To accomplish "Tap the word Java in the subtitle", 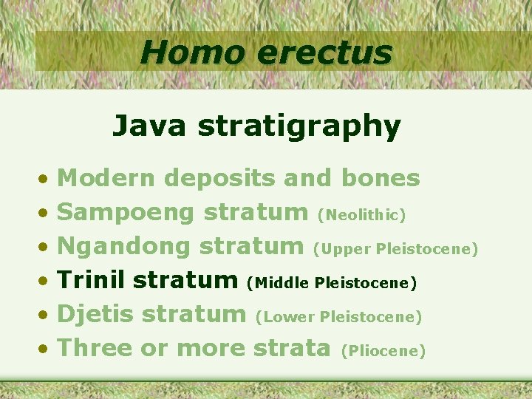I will (150, 126).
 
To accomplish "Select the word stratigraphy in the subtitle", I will (299, 127).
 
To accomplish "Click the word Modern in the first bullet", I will (106, 178).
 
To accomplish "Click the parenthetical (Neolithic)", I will (361, 215).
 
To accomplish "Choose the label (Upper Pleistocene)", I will (395, 249).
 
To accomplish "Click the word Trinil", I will (92, 281).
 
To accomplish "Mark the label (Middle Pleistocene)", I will (332, 283).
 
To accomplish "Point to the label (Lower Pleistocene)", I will (338, 317).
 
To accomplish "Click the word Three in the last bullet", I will (94, 348).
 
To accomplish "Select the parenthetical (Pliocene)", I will (382, 351).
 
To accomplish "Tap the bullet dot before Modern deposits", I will (45, 180).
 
